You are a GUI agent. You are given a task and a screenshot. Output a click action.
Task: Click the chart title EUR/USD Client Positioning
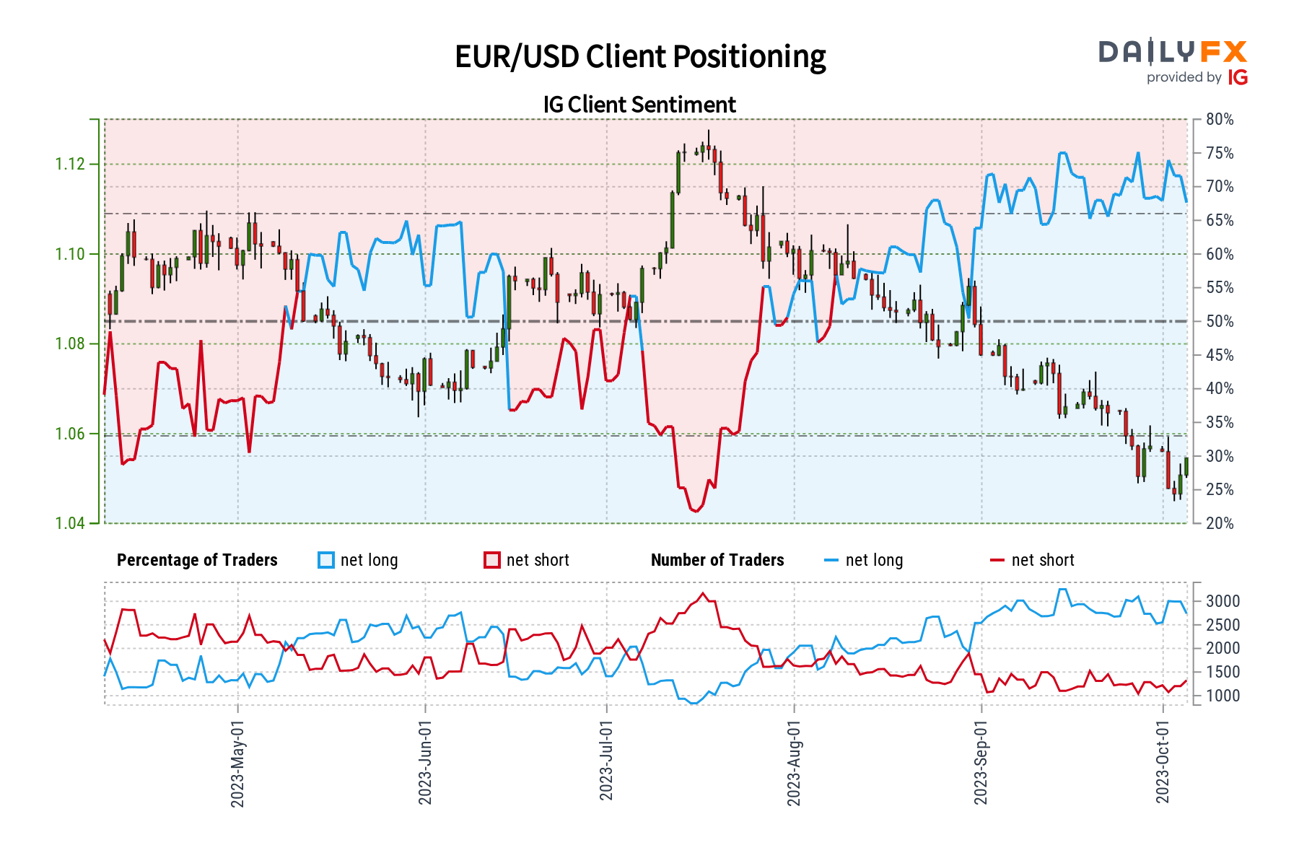(x=640, y=57)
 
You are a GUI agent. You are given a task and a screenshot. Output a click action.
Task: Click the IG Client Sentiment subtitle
(x=639, y=105)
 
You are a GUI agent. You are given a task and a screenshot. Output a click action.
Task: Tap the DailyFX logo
(x=1173, y=52)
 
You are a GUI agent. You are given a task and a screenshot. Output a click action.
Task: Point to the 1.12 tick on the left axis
(x=70, y=165)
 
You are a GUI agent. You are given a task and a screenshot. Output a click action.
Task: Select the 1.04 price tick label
(x=70, y=523)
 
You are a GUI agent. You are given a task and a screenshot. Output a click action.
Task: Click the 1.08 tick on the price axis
(x=70, y=344)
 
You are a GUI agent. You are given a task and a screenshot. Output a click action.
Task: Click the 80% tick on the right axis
(x=1220, y=120)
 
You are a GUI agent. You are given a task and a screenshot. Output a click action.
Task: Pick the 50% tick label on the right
(x=1220, y=322)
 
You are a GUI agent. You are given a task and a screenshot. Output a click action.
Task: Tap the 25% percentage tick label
(x=1220, y=490)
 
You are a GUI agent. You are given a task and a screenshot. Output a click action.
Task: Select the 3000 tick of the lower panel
(x=1223, y=602)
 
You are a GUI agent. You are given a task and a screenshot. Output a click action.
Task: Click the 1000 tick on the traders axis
(x=1223, y=696)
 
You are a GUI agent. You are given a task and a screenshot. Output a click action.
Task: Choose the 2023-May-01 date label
(x=238, y=764)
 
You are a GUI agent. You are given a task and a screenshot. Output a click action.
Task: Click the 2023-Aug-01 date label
(x=794, y=764)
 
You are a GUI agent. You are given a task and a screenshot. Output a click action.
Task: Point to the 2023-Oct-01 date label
(x=1163, y=762)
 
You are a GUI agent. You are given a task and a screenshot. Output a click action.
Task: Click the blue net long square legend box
(x=326, y=561)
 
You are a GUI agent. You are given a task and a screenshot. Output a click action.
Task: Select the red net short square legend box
(x=492, y=561)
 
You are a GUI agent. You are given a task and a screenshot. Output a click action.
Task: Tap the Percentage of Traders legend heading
(x=197, y=561)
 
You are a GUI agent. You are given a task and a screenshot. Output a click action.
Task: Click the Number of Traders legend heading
(x=717, y=561)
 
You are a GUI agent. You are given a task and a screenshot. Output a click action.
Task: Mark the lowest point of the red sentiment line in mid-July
(x=695, y=511)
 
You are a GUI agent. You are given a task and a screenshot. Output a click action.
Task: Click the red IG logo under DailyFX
(x=1238, y=78)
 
